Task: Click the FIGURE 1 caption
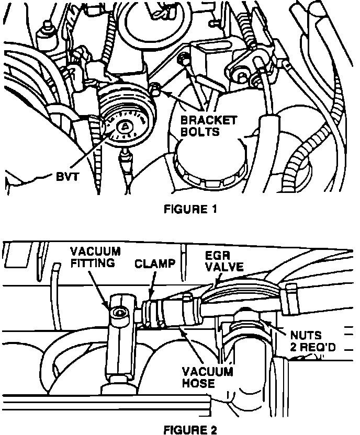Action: (x=190, y=210)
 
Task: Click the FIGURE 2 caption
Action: (x=190, y=430)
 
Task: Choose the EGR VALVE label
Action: (x=223, y=261)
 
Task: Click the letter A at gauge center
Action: (x=126, y=127)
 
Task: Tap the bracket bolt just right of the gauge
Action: (x=155, y=90)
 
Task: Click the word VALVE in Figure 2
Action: (x=224, y=267)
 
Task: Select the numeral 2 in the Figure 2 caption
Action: (x=212, y=430)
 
